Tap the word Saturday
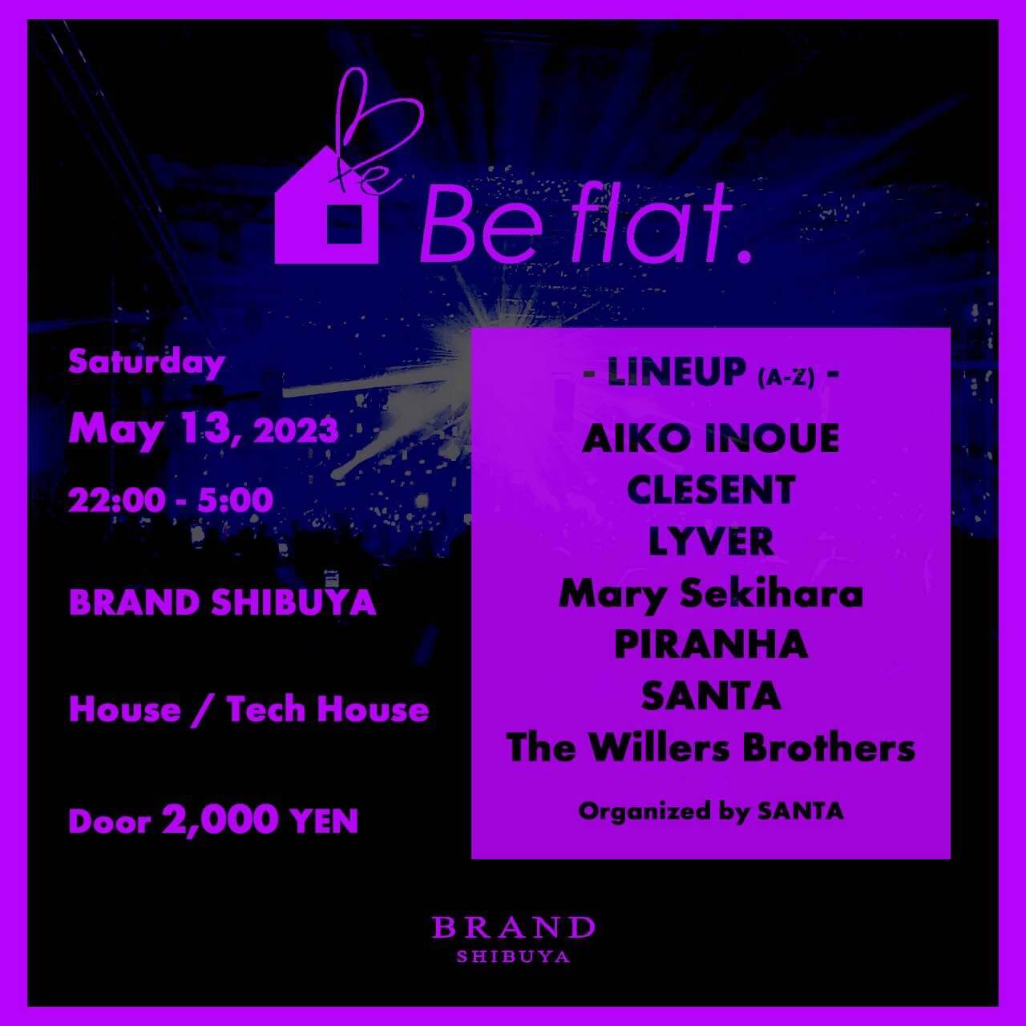pos(147,364)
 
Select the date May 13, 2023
pos(204,430)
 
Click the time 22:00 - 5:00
pos(171,500)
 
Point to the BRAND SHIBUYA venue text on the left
pos(223,604)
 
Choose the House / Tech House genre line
pos(248,709)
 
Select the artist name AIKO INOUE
pos(711,438)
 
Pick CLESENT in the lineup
pos(711,490)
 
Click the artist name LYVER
pos(711,542)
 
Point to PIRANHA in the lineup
pos(711,644)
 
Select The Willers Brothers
pos(711,748)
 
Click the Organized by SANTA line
pos(711,812)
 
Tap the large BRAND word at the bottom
pos(513,928)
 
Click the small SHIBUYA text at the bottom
pos(513,957)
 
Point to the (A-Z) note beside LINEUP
pos(786,379)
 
